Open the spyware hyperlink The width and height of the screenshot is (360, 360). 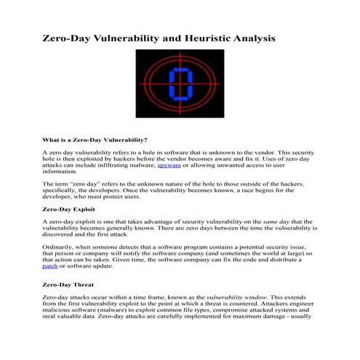coord(171,166)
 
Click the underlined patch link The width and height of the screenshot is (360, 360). coord(49,266)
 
